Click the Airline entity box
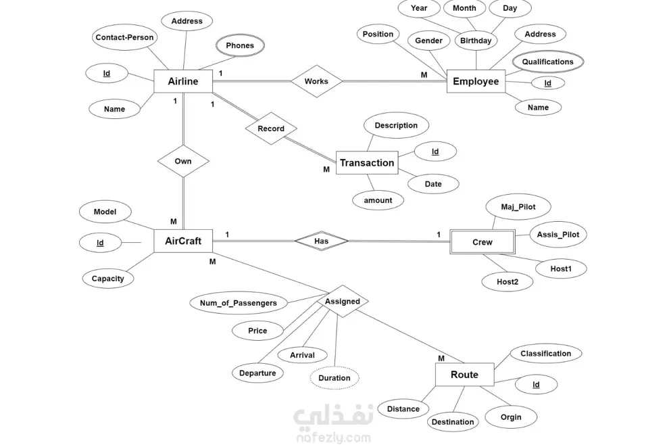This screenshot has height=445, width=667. click(x=183, y=81)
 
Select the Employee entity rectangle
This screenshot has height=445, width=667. click(x=476, y=82)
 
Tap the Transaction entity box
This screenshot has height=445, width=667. click(x=366, y=162)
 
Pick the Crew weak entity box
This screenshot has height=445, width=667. click(x=483, y=241)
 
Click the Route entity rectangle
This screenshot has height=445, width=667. click(x=464, y=375)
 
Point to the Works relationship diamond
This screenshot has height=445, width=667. click(x=316, y=81)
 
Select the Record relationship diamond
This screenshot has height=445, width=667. click(x=271, y=128)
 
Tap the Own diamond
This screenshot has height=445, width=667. click(x=183, y=161)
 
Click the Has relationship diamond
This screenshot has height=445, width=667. click(x=322, y=240)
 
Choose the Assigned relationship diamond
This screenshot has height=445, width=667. click(x=343, y=302)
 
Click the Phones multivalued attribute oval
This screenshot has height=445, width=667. click(x=240, y=46)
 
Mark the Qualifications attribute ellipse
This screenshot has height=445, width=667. click(x=547, y=62)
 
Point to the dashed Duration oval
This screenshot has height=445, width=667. click(x=335, y=377)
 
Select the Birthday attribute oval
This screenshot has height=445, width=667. click(x=476, y=41)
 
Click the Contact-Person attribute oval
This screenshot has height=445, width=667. click(x=124, y=37)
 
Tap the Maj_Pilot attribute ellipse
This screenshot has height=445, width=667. click(x=518, y=207)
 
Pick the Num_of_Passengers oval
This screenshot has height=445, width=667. click(x=238, y=303)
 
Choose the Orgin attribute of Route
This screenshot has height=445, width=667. click(x=511, y=417)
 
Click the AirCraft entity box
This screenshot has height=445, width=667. click(x=183, y=240)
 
